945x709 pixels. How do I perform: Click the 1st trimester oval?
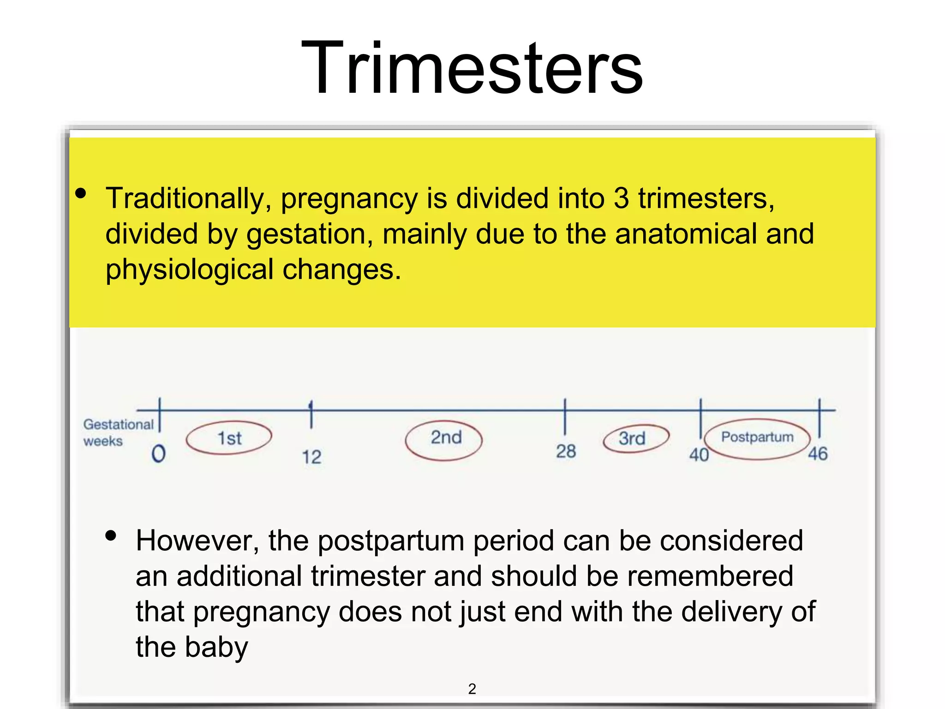(229, 438)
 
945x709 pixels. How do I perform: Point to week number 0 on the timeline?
(158, 454)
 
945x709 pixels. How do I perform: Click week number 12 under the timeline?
(311, 457)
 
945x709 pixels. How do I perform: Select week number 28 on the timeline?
(566, 451)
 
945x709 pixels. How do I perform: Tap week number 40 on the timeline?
(699, 455)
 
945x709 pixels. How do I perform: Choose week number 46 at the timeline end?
(818, 454)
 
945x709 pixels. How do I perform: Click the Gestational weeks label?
(118, 432)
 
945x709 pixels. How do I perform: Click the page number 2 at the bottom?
(472, 689)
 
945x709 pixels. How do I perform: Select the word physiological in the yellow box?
(189, 270)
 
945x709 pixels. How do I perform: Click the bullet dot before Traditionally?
(81, 193)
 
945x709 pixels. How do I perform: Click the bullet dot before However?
(111, 535)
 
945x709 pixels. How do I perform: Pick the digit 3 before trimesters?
(621, 199)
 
